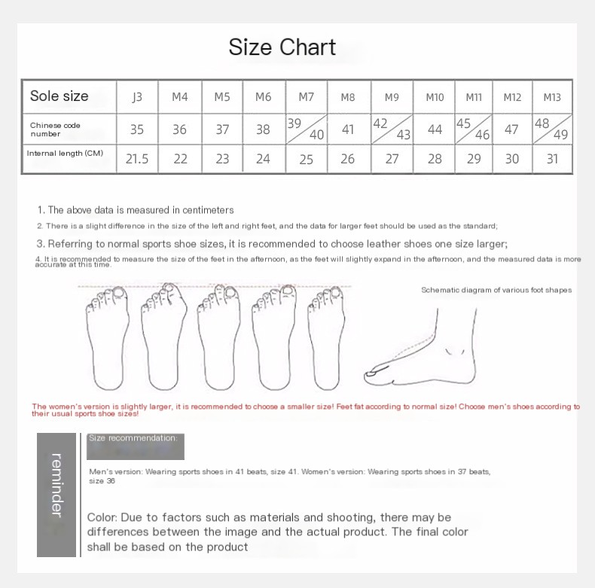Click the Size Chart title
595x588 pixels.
pos(282,47)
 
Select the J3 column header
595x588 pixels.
pos(136,97)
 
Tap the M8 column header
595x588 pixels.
pos(347,97)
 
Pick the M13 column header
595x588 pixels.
pos(552,97)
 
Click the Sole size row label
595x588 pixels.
pos(59,96)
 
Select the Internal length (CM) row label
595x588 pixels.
pos(65,154)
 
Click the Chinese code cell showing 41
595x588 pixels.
pos(347,129)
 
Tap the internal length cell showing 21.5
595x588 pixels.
pos(136,160)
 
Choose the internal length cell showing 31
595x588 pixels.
pos(552,160)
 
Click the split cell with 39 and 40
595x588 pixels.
pos(306,129)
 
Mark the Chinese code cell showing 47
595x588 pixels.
pos(511,129)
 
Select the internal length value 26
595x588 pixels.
pos(347,160)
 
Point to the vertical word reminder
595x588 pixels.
pos(56,485)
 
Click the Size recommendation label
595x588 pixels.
pos(133,437)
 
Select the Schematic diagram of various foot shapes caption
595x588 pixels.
pos(496,290)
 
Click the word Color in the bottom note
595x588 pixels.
pos(102,517)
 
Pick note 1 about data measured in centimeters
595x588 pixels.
pos(136,210)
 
